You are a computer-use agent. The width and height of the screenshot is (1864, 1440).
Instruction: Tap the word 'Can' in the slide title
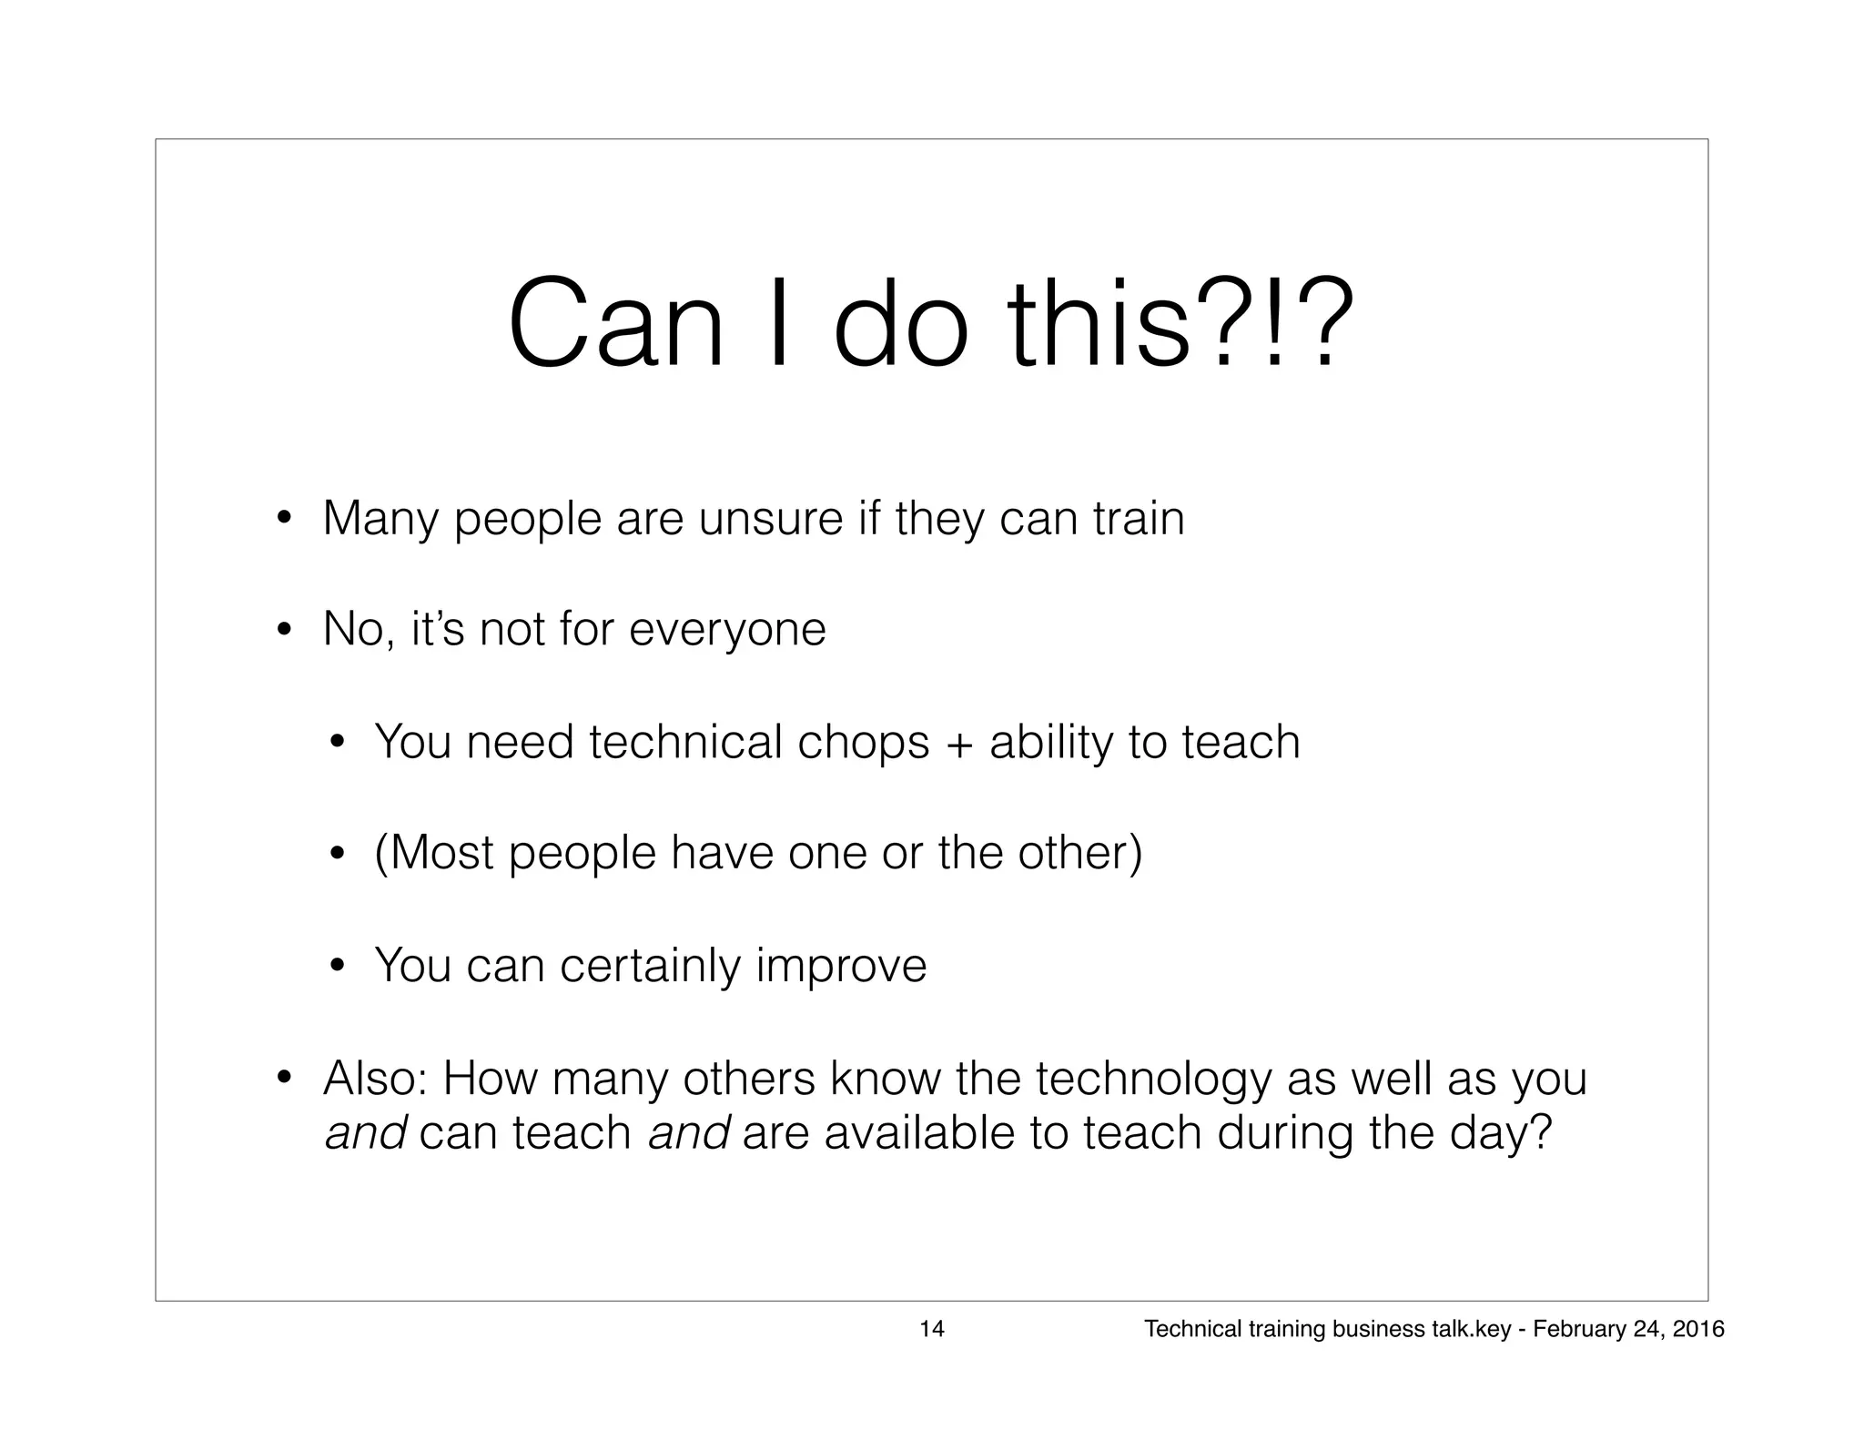tap(615, 325)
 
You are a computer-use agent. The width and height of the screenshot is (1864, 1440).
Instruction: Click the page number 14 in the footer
tap(931, 1330)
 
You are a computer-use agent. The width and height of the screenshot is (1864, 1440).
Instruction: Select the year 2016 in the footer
tap(1698, 1330)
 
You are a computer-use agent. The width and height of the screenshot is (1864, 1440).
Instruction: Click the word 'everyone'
tap(727, 630)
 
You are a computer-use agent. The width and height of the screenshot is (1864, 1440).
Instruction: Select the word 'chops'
tap(863, 742)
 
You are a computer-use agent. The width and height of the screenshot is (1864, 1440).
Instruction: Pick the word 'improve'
tap(841, 967)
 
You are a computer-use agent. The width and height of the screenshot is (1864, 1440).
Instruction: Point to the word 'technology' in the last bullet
tap(1153, 1080)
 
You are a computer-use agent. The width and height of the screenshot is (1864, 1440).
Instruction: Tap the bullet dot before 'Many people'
tap(284, 520)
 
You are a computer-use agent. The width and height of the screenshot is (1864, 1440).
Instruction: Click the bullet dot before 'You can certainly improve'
tap(336, 966)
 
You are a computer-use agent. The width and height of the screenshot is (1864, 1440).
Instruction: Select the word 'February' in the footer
tap(1573, 1330)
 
